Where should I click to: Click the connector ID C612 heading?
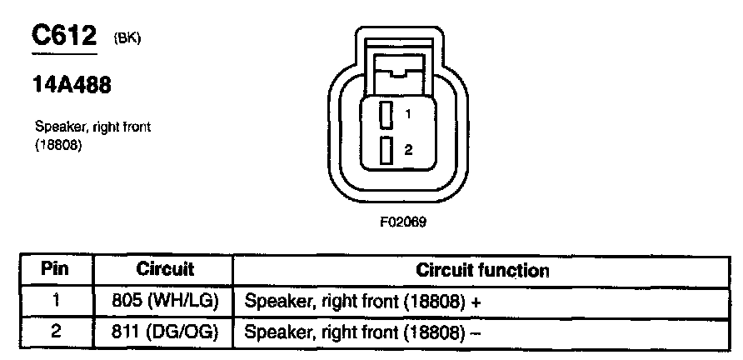(x=64, y=36)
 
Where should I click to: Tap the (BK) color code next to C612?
(x=122, y=37)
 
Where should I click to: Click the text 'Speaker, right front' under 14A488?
(x=92, y=127)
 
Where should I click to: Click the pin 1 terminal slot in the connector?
(x=386, y=115)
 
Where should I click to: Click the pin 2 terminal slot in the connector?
(x=386, y=150)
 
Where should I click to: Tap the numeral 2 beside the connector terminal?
(x=408, y=150)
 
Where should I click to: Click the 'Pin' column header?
(x=55, y=270)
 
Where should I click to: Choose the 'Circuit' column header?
(x=164, y=270)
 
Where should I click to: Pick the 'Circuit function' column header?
(x=482, y=271)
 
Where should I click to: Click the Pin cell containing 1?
(x=55, y=302)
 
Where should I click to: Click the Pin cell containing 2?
(x=55, y=332)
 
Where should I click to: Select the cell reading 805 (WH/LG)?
(x=164, y=302)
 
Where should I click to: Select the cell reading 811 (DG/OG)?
(x=164, y=332)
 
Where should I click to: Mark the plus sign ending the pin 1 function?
(x=476, y=302)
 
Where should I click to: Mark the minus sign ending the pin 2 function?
(x=476, y=332)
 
